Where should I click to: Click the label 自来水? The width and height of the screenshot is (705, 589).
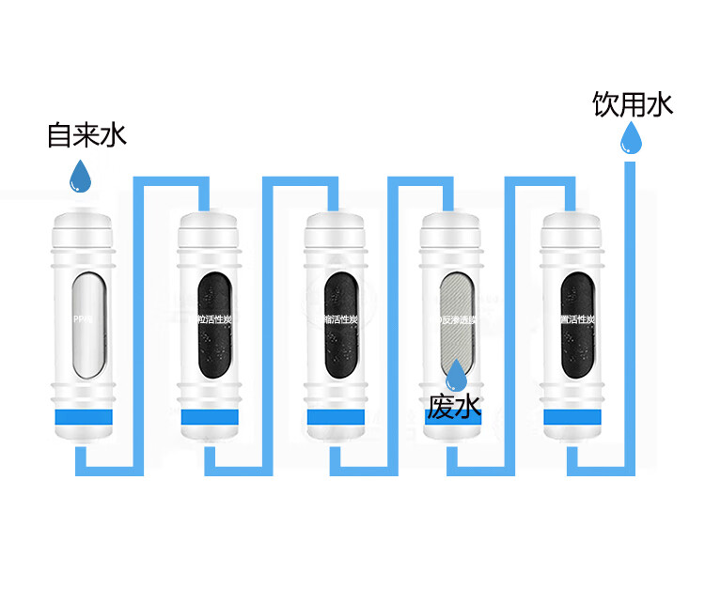tap(86, 135)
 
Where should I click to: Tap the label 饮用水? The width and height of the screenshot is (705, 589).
tap(633, 104)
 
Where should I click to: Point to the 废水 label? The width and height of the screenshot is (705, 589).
tap(454, 407)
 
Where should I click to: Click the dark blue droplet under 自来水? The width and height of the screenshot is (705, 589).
tap(83, 176)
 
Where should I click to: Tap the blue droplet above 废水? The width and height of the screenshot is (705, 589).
tap(456, 374)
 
